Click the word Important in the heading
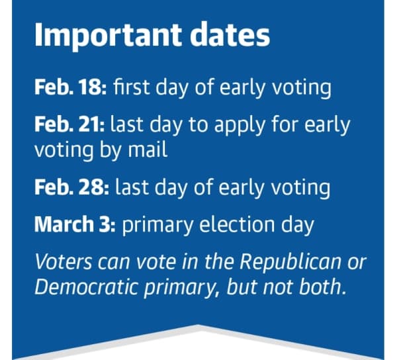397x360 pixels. pos(108,36)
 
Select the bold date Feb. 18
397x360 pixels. pos(71,87)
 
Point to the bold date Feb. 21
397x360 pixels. pos(69,124)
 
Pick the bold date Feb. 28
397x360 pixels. pos(72,187)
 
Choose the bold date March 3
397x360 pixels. pos(75,224)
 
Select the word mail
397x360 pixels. pos(148,149)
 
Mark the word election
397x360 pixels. pos(237,224)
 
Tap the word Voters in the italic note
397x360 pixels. pos(63,261)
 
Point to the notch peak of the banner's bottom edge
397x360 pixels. pos(198,324)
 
